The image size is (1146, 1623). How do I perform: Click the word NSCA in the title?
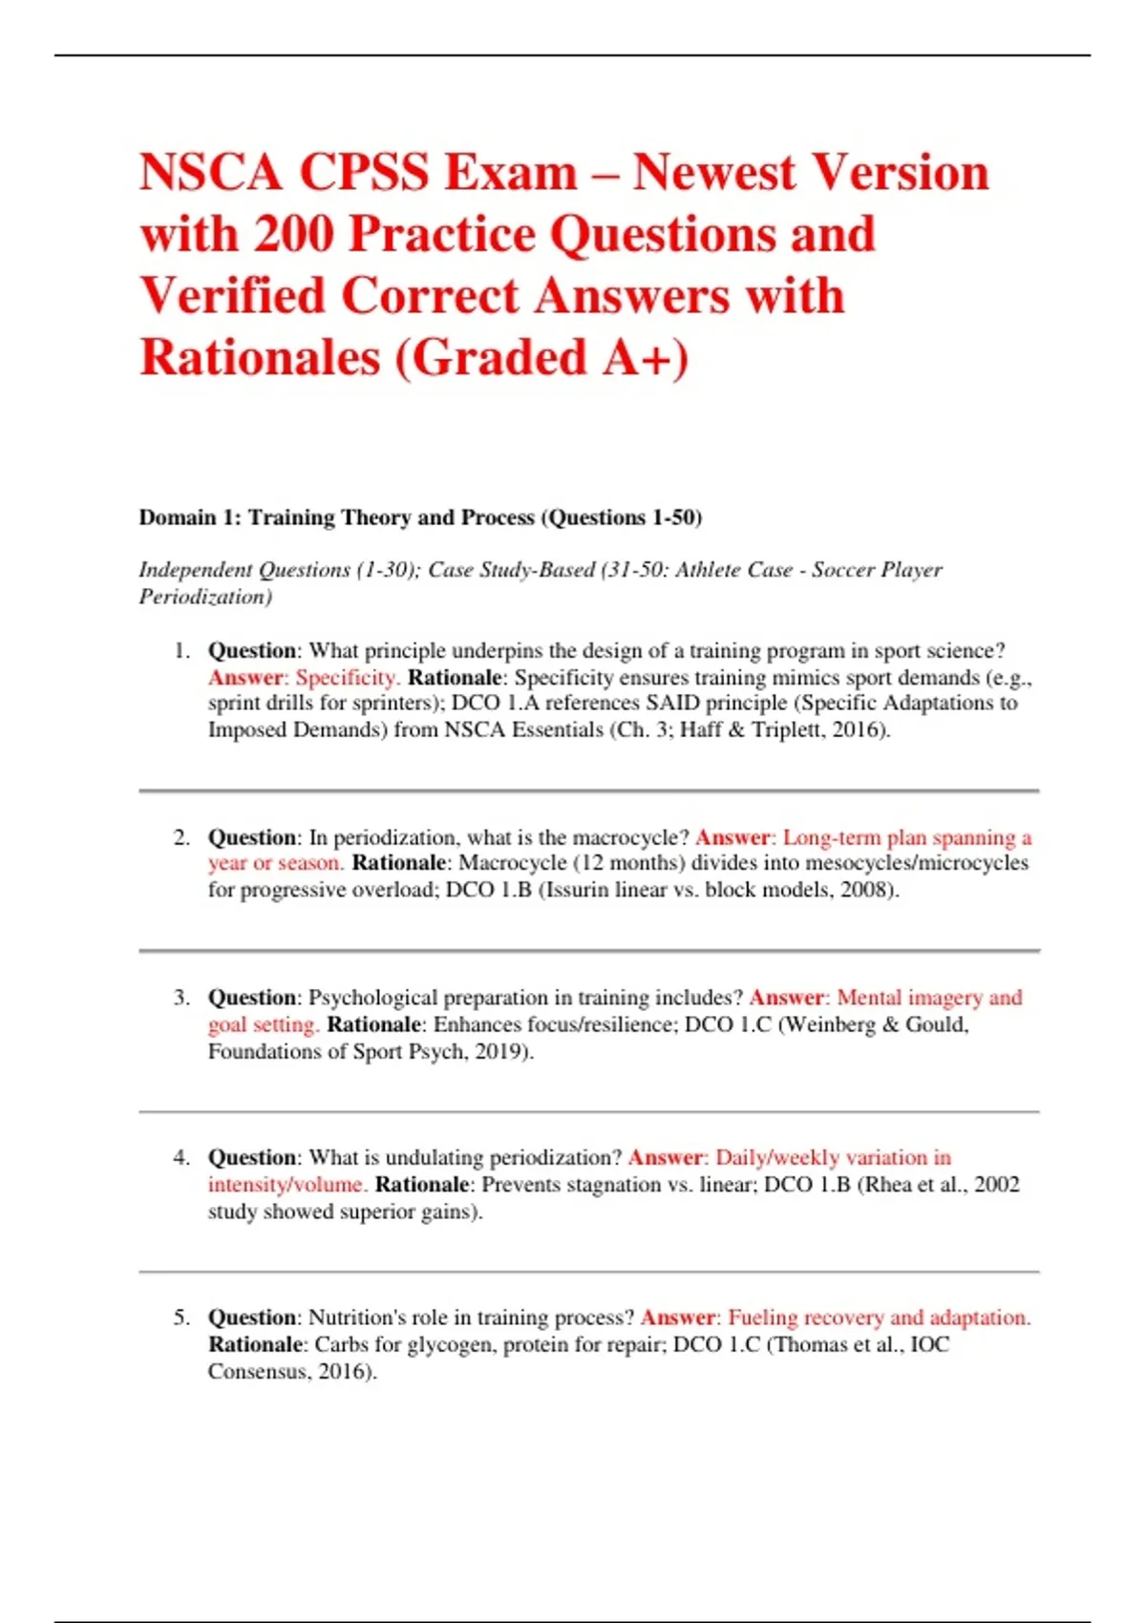point(211,173)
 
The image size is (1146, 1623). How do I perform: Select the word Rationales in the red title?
point(258,358)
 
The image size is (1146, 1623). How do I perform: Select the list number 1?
point(181,651)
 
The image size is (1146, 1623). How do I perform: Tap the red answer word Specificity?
point(347,678)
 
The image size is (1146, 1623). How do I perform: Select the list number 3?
point(181,998)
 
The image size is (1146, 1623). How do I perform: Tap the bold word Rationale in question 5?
point(255,1344)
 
